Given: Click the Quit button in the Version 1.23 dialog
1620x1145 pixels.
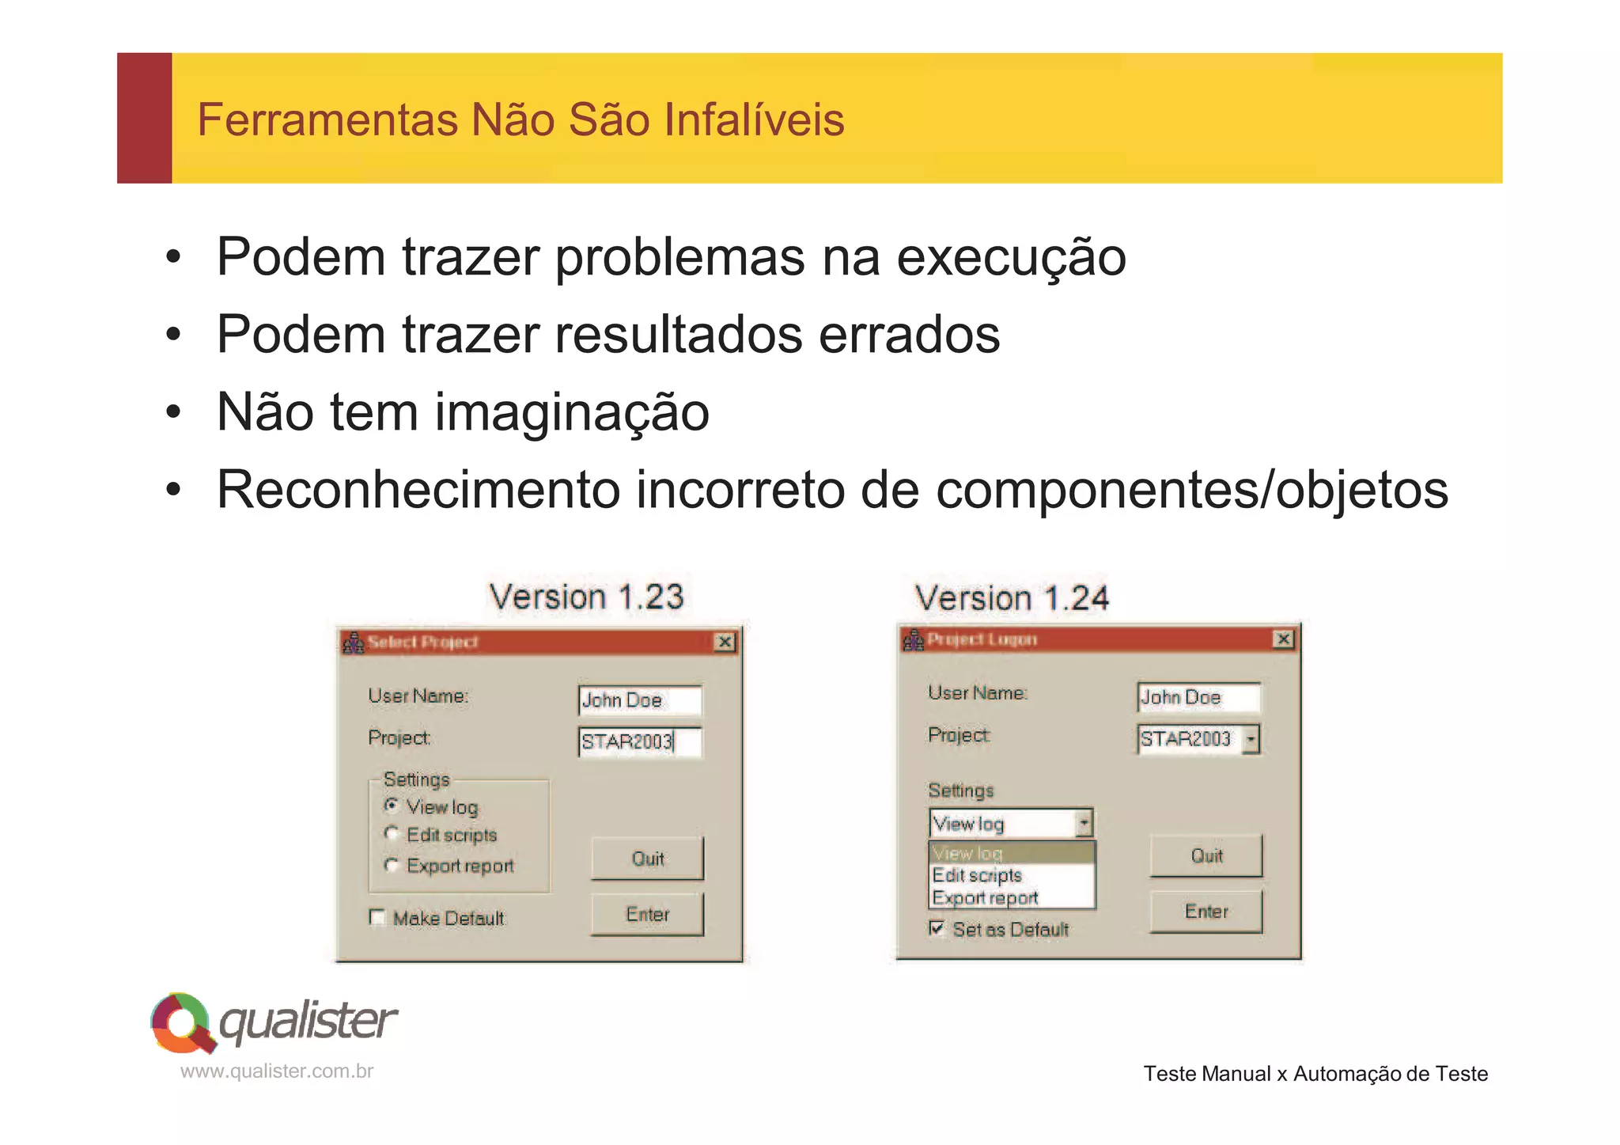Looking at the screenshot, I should click(647, 859).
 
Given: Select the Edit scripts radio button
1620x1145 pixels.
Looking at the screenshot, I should click(392, 834).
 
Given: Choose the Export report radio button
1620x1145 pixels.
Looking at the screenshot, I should click(392, 865).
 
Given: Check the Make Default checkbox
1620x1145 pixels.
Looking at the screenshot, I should click(377, 918).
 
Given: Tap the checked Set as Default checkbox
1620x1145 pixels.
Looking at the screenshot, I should click(937, 928).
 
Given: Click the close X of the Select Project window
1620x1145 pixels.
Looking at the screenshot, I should click(725, 642).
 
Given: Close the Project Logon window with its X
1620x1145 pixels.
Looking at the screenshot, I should click(1283, 639).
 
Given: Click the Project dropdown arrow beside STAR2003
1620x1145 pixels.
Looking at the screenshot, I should click(1251, 739).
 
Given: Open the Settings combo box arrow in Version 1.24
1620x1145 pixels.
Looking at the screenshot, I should click(1084, 824).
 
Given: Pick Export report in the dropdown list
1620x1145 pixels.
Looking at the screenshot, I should click(986, 898).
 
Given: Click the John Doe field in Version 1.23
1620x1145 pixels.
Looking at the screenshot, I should click(639, 700).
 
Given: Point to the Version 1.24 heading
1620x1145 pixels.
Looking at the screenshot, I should click(1012, 598).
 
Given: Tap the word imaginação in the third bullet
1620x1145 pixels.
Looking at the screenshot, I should click(572, 412).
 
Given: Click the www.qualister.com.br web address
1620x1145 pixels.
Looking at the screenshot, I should click(277, 1071).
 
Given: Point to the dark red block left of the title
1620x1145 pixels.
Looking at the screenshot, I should click(145, 119).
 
